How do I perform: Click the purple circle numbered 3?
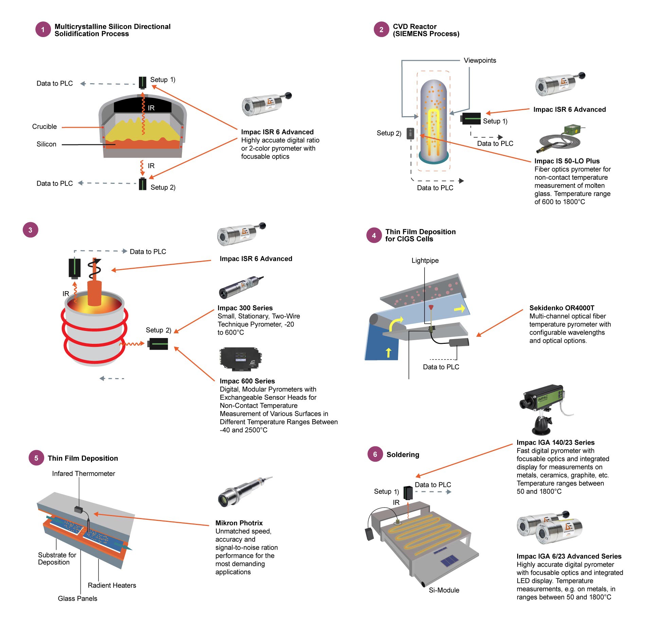pos(30,230)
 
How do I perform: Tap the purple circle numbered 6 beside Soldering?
pos(375,454)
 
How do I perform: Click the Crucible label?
pos(44,127)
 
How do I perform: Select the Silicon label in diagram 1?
pos(47,144)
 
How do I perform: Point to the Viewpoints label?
pos(479,60)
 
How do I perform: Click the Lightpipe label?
pos(425,261)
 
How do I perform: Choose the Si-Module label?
pos(443,590)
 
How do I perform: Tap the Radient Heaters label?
pos(112,585)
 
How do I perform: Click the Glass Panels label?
pos(77,599)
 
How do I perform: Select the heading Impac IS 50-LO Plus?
pos(567,161)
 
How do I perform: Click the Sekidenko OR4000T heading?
pos(562,308)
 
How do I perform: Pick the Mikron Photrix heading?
pos(239,523)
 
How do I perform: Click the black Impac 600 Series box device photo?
pos(240,359)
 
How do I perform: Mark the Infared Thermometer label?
pos(84,474)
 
